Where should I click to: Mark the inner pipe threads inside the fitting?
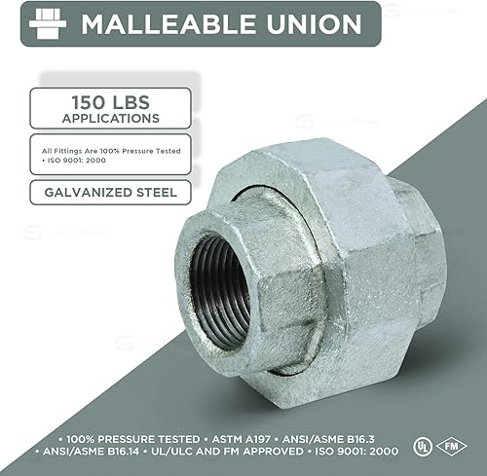point(208,288)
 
